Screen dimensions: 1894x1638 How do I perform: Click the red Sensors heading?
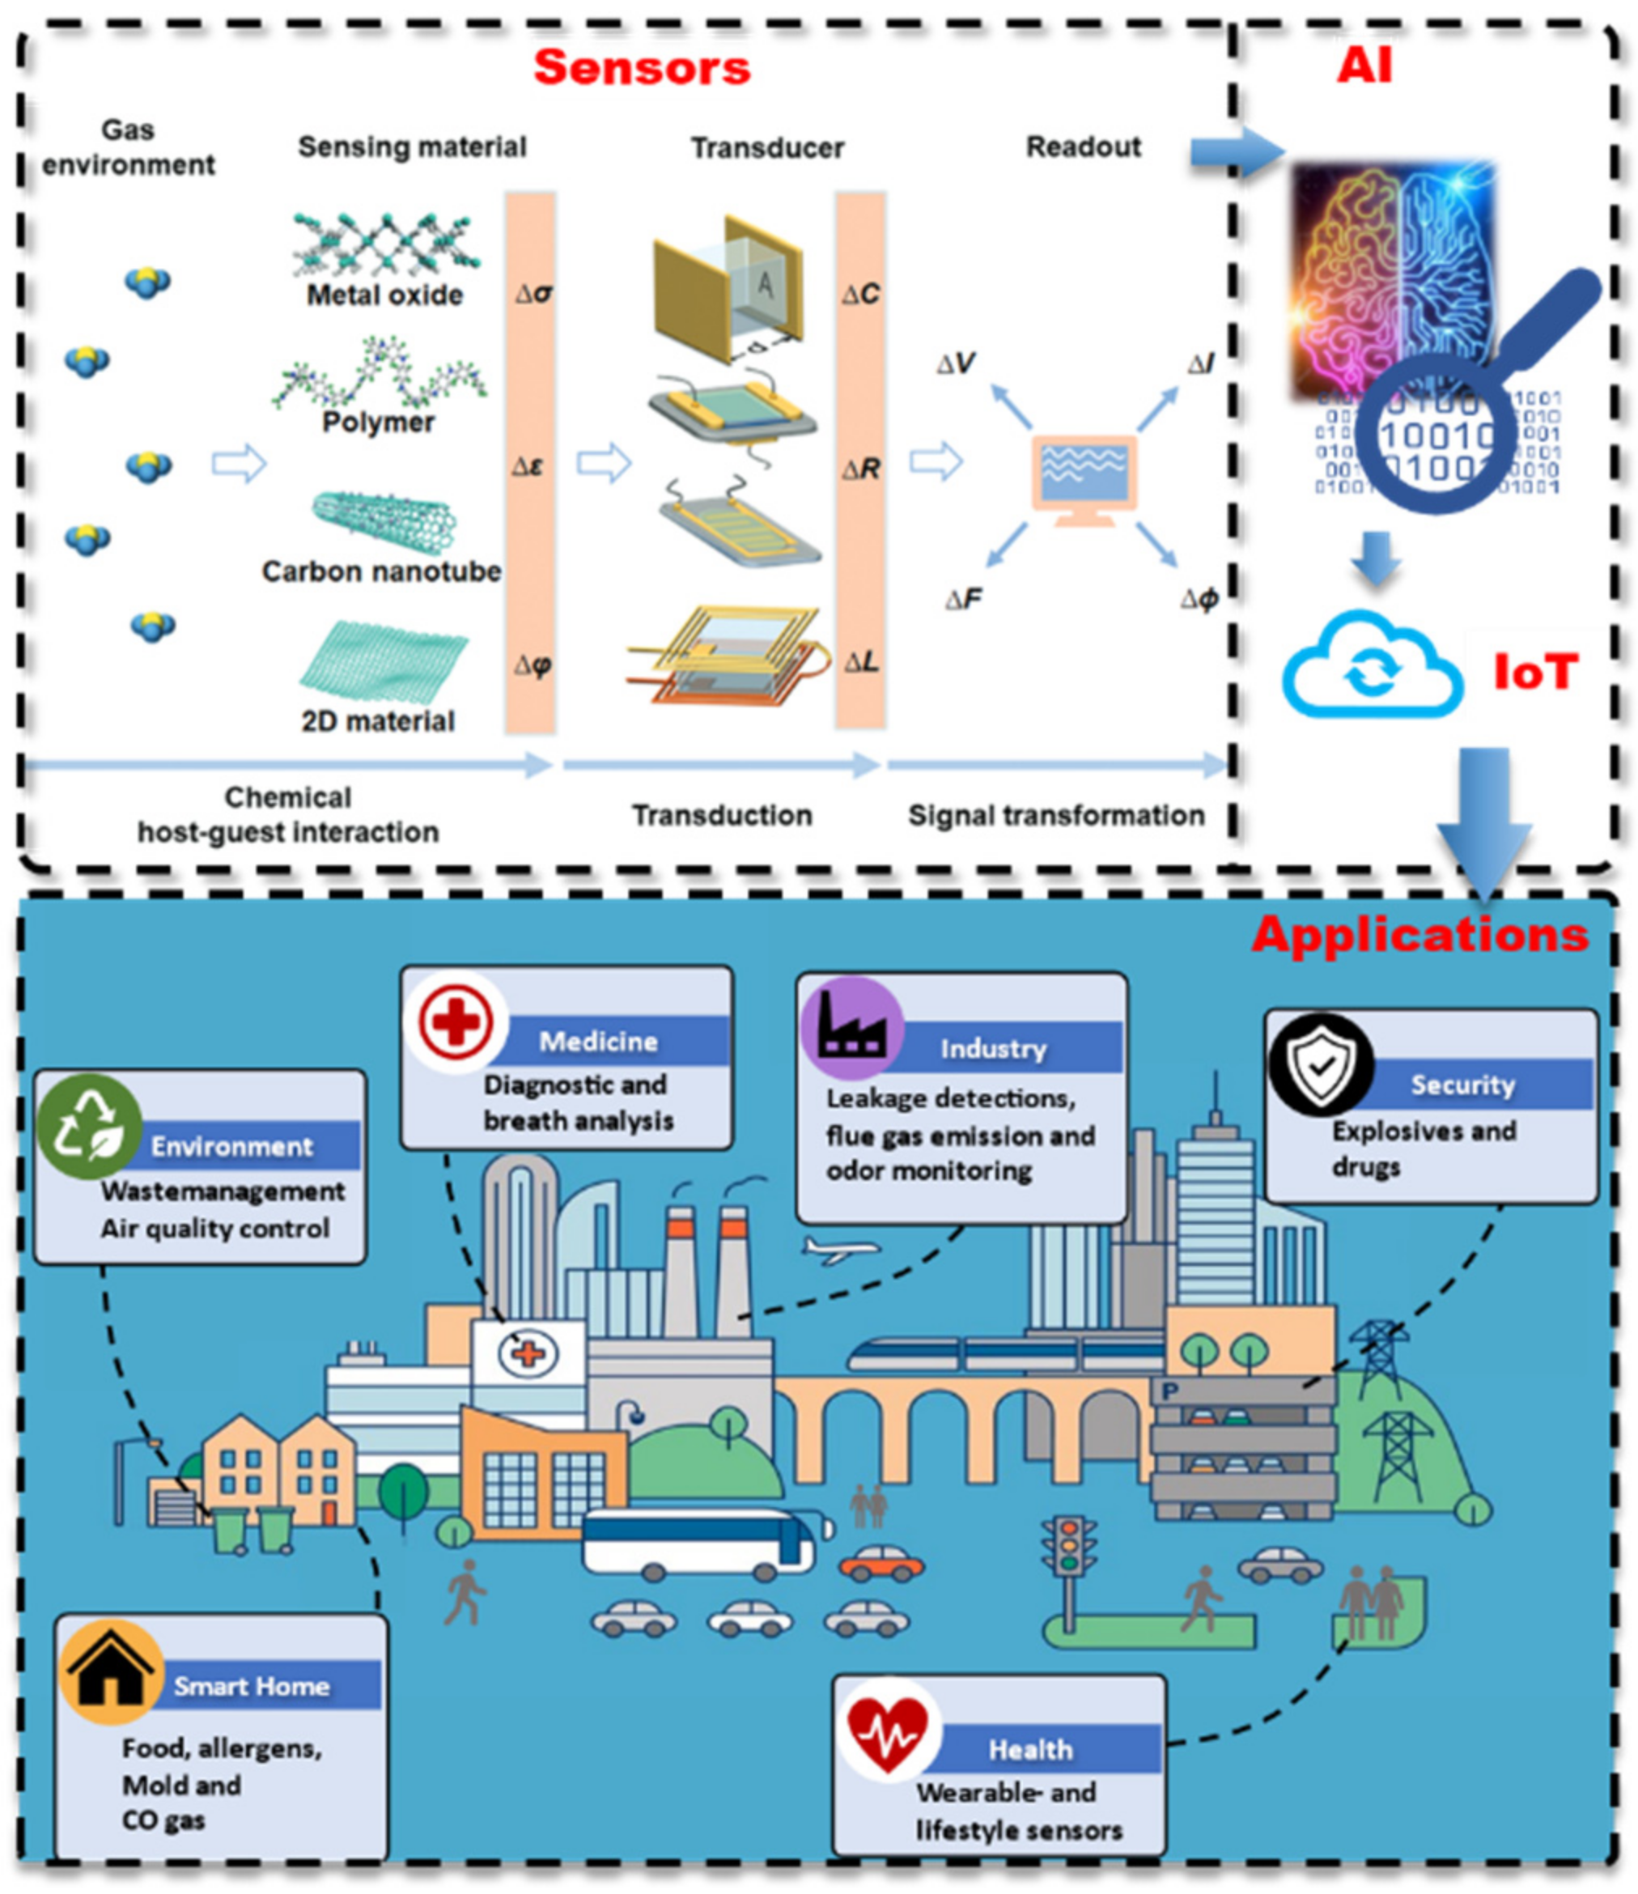pyautogui.click(x=642, y=68)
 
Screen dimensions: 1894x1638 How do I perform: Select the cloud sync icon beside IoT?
pyautogui.click(x=1371, y=667)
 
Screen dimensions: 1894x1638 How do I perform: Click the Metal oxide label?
pyautogui.click(x=385, y=295)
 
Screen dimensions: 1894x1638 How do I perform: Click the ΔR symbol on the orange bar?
pyautogui.click(x=861, y=469)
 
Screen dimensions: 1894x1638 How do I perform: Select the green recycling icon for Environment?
pyautogui.click(x=89, y=1126)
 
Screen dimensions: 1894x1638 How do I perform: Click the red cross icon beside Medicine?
pyautogui.click(x=455, y=1022)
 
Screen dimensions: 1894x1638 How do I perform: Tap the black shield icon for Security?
pyautogui.click(x=1321, y=1065)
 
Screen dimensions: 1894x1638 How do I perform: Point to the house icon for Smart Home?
pyautogui.click(x=111, y=1672)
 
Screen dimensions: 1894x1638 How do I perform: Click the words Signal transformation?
pyautogui.click(x=1056, y=815)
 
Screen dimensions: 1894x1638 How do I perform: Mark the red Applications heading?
pyautogui.click(x=1419, y=935)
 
